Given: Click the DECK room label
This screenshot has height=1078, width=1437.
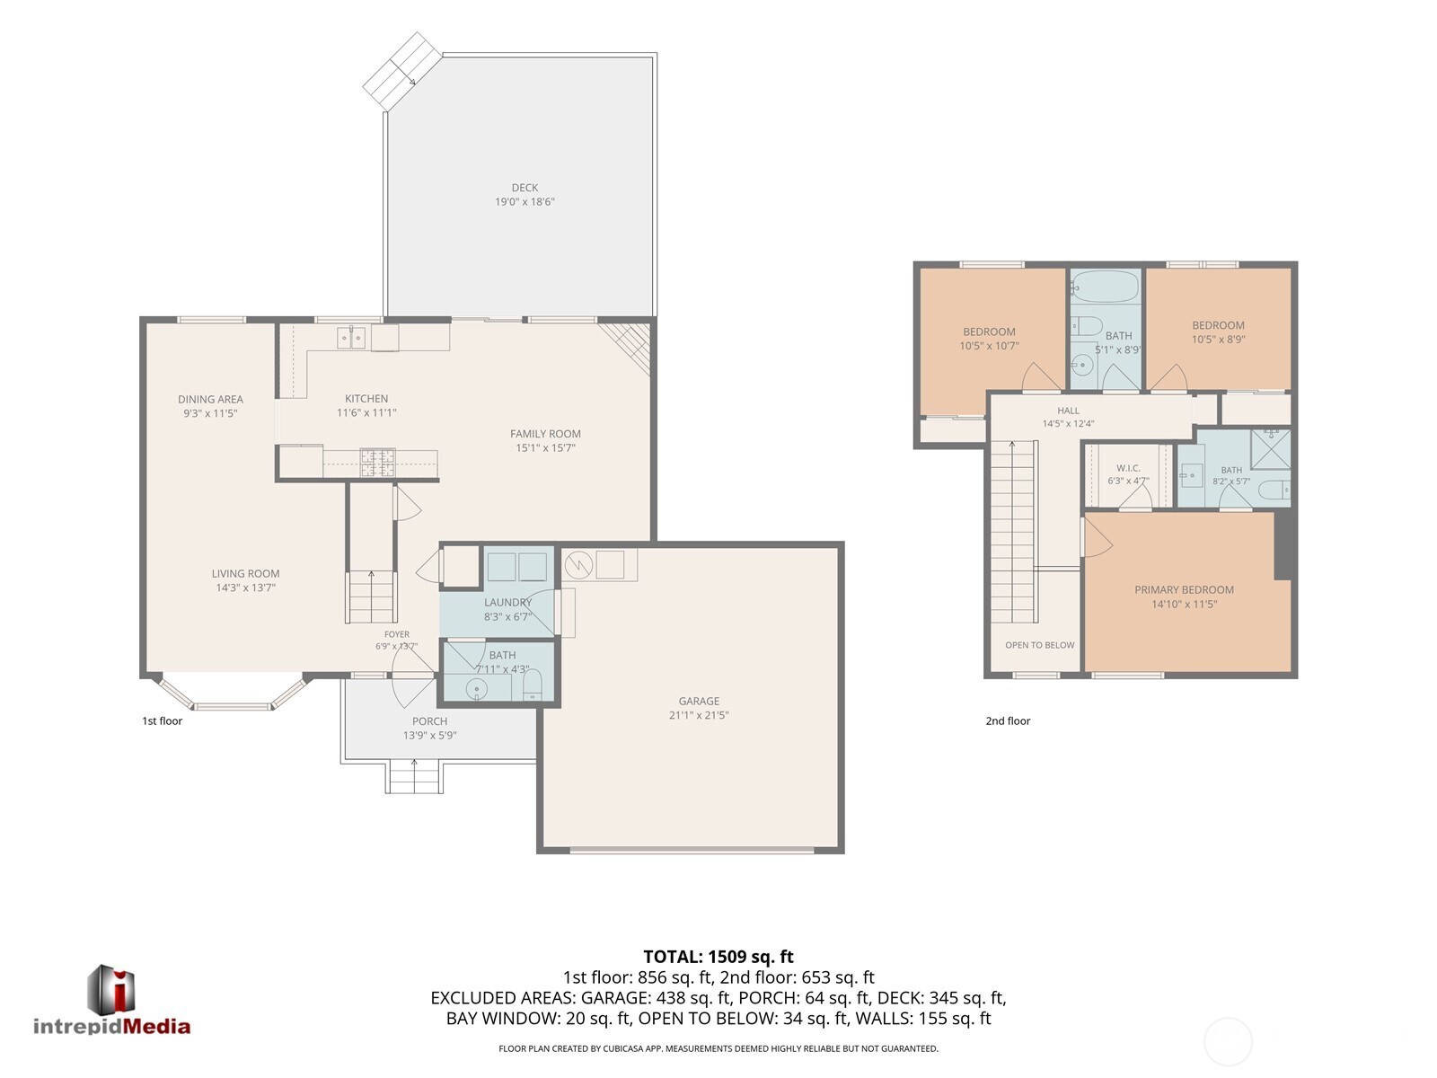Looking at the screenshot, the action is point(525,188).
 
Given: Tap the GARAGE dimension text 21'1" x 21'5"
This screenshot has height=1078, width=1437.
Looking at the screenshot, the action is point(699,715).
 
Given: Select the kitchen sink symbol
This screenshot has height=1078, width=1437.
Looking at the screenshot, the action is point(351,338).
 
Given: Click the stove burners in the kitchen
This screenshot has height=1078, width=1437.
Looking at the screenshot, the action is point(378,463).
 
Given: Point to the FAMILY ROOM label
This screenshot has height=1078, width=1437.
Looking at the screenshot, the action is point(545,434).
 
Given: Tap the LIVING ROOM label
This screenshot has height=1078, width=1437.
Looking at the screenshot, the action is point(245,573).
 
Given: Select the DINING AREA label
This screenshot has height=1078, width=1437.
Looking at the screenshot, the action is point(210,399).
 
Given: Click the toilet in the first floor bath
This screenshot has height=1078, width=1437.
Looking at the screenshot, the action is point(533,685).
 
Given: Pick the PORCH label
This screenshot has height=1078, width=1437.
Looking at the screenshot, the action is point(429,721).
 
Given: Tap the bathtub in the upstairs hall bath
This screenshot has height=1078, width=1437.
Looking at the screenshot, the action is point(1105,287).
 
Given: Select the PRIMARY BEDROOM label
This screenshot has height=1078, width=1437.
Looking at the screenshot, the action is point(1184,589).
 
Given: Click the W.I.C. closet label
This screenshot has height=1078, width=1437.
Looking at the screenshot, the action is point(1128,468).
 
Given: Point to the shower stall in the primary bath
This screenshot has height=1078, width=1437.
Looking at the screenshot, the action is point(1270,450).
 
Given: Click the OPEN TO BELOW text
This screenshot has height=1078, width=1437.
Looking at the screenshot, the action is point(1040,645).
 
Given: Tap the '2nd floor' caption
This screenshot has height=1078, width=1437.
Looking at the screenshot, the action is point(1008,720).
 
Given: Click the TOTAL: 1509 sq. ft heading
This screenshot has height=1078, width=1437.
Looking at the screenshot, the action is point(718,957).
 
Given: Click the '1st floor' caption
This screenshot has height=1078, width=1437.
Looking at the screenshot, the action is point(162,720).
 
